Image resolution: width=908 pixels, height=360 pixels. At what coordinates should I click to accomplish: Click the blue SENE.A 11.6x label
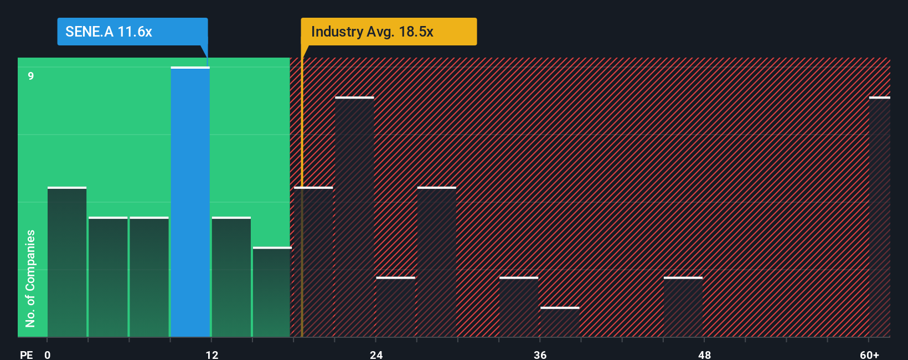(132, 32)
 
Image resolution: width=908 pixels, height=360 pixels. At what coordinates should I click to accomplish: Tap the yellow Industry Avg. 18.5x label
(389, 32)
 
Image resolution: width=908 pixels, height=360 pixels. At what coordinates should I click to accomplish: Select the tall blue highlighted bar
(190, 202)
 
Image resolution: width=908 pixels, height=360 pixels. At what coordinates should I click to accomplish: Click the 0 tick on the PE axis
(48, 354)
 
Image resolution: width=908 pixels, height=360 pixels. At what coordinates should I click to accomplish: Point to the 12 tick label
(212, 354)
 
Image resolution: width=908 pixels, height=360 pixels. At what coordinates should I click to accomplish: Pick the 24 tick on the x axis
(376, 354)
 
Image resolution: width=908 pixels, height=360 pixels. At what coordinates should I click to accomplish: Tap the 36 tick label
(540, 354)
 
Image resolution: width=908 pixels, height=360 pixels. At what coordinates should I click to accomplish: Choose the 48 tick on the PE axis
(704, 354)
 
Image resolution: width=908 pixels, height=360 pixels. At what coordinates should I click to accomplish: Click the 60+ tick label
(869, 354)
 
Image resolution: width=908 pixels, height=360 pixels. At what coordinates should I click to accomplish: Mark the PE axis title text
(26, 354)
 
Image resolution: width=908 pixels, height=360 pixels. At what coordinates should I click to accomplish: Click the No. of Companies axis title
(30, 278)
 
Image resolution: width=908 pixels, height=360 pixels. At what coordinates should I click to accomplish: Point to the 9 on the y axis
(31, 76)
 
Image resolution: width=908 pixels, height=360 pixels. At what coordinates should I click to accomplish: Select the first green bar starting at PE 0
(67, 262)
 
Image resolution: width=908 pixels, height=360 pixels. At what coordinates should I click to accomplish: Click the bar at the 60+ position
(879, 217)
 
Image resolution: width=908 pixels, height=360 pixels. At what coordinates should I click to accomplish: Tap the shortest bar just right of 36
(560, 322)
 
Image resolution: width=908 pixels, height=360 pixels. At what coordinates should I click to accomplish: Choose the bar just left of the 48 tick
(683, 307)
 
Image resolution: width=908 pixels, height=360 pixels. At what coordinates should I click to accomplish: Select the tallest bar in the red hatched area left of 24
(354, 217)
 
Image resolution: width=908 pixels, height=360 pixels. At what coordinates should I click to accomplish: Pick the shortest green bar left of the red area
(272, 292)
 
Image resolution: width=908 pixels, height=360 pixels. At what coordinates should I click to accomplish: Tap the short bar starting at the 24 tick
(395, 307)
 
